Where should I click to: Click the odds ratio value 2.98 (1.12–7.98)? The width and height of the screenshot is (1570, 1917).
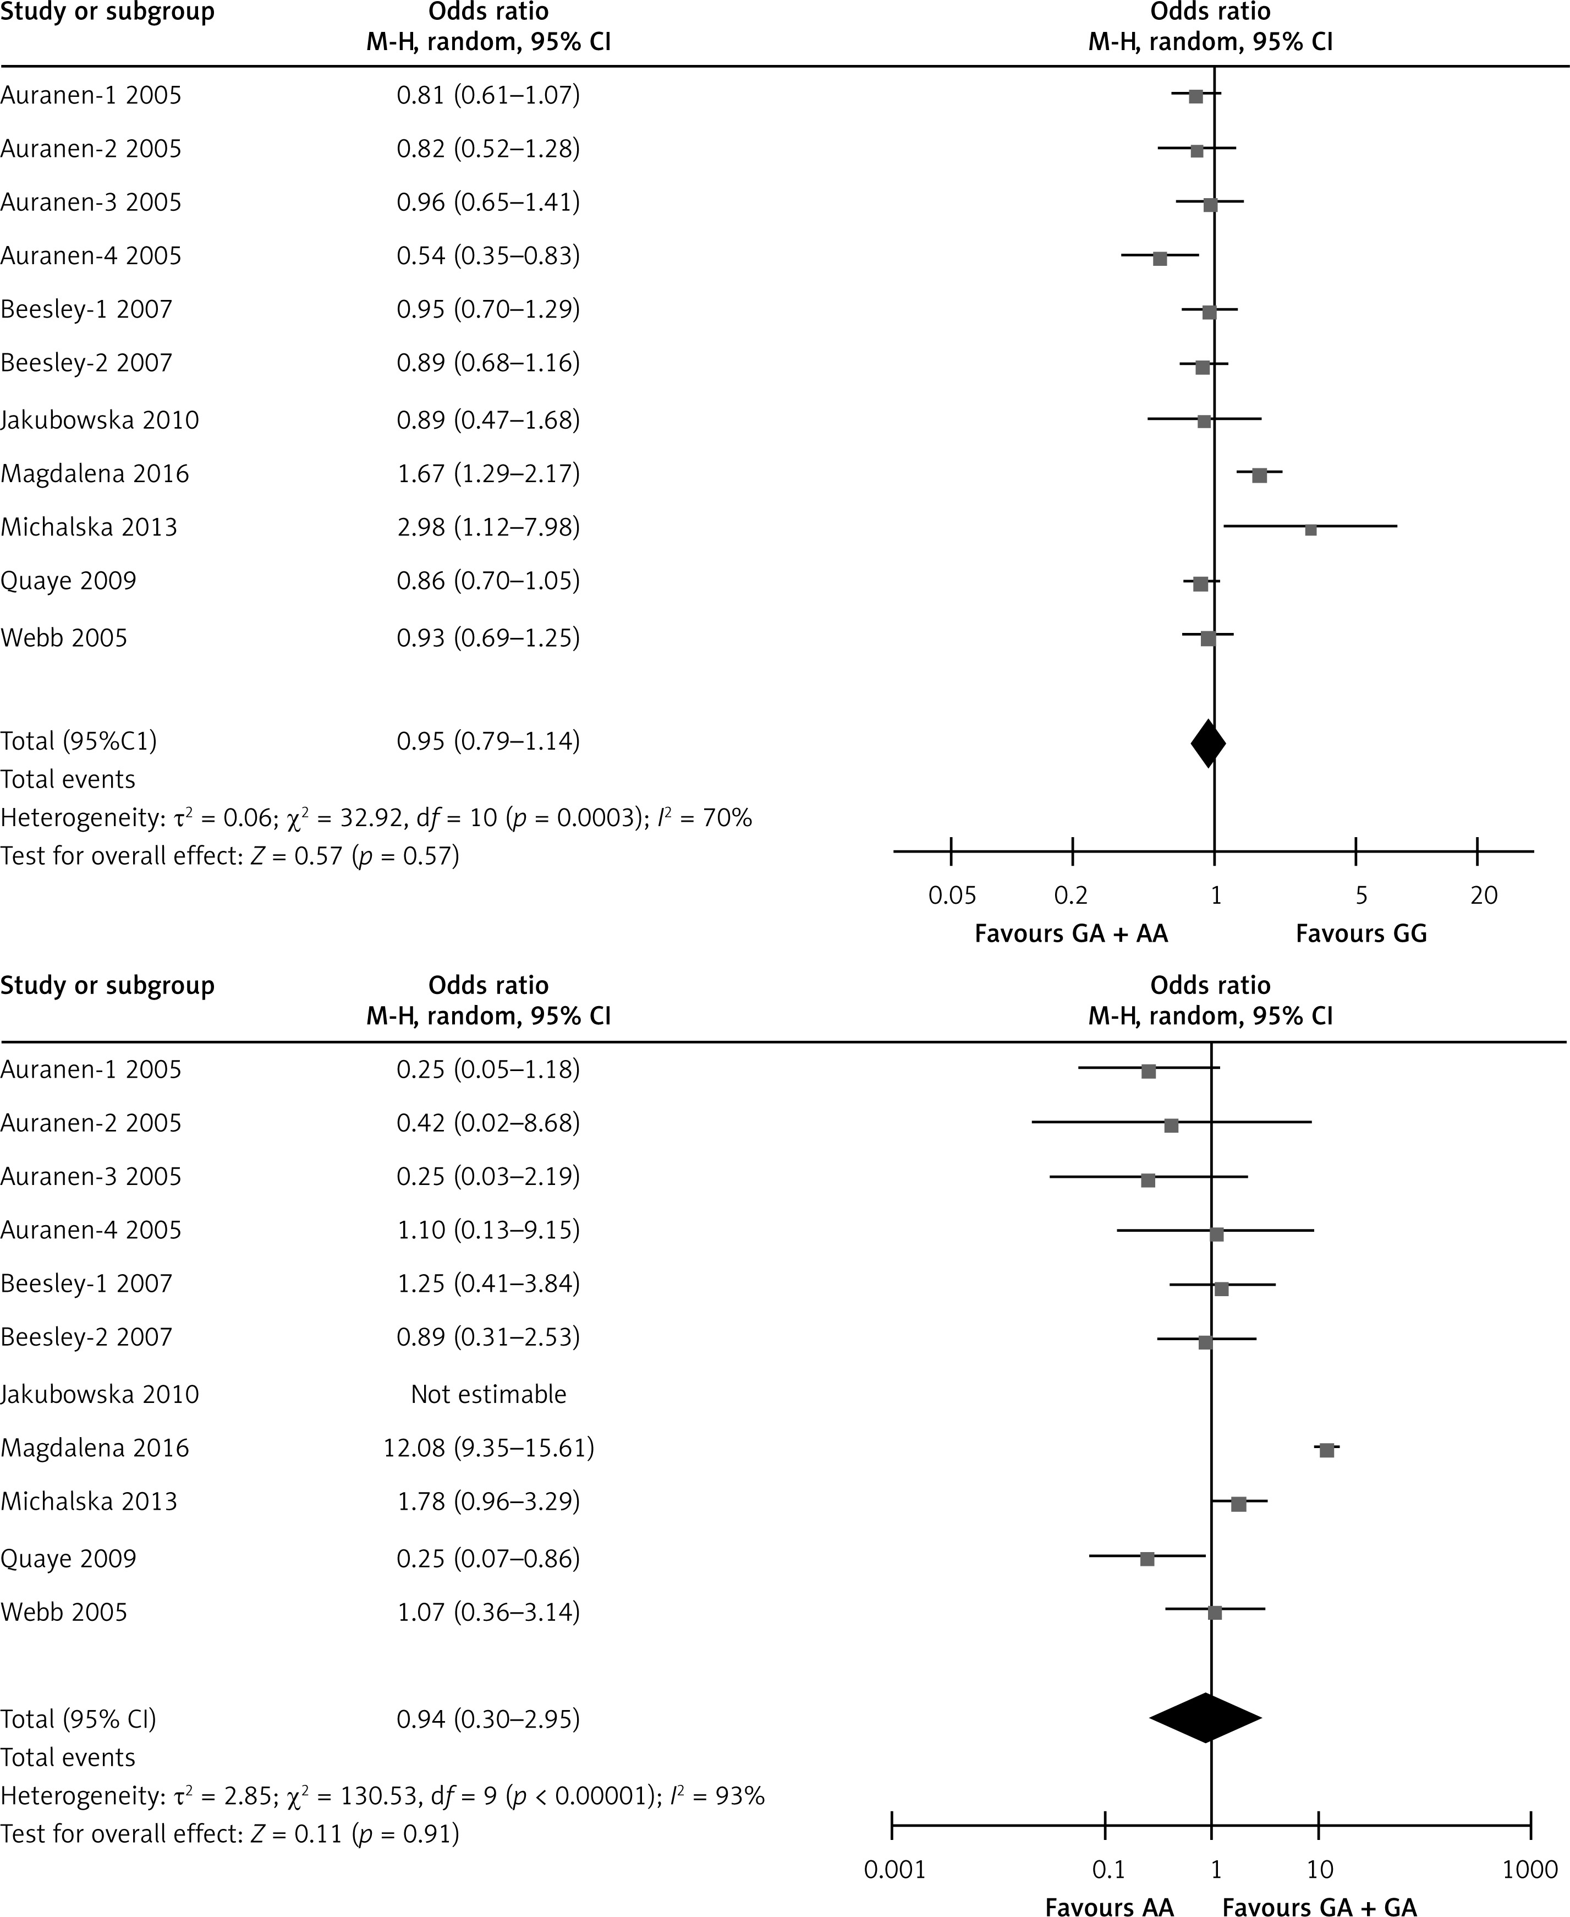(488, 527)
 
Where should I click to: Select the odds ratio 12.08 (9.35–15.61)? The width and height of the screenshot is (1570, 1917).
(488, 1449)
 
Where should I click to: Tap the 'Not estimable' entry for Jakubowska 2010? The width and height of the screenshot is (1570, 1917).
(488, 1394)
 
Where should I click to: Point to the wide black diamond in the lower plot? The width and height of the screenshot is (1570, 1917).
(1205, 1718)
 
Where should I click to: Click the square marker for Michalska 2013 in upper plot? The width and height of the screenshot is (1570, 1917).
(1310, 529)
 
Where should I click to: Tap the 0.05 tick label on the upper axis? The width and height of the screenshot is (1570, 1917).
(952, 895)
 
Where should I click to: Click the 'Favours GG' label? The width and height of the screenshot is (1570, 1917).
(1361, 933)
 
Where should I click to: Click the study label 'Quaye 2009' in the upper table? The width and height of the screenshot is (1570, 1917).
(69, 581)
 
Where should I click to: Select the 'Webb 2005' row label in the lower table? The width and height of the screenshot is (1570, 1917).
(64, 1612)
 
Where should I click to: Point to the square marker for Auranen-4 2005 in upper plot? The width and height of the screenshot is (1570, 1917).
(1160, 259)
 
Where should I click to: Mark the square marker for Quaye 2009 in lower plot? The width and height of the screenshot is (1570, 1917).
(1148, 1559)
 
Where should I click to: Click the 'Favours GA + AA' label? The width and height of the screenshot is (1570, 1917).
(1071, 933)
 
